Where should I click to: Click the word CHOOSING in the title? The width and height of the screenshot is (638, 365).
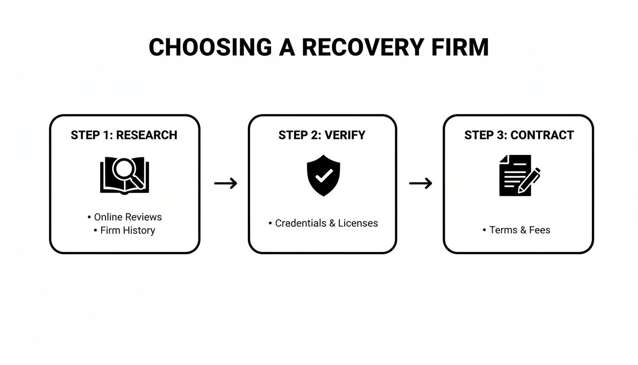(x=210, y=47)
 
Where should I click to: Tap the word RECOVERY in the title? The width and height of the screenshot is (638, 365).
(x=363, y=47)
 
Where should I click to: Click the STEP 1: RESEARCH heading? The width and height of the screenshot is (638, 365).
(x=124, y=135)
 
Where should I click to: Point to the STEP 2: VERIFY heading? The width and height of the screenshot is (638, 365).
(x=322, y=135)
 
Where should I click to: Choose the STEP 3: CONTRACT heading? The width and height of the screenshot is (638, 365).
(x=519, y=135)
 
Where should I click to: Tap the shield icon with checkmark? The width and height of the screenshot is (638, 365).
(x=323, y=175)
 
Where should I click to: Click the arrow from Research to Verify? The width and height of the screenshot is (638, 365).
(x=225, y=183)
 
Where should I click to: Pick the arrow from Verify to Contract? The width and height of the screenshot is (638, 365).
(x=421, y=183)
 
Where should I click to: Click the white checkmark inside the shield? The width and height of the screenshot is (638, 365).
(x=323, y=176)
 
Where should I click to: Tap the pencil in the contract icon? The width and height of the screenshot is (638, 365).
(x=530, y=180)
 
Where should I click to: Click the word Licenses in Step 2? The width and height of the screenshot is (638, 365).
(x=358, y=223)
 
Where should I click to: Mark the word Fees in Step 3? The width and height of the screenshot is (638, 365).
(x=540, y=230)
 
